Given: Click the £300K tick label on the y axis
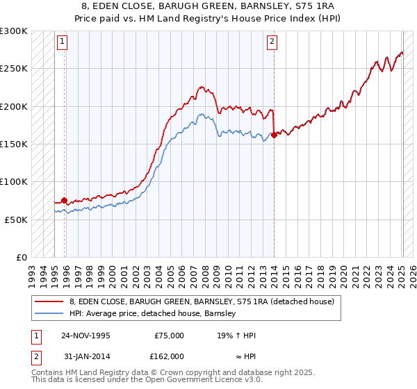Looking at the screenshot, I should pyautogui.click(x=14, y=31).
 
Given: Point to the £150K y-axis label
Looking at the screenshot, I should pyautogui.click(x=14, y=144).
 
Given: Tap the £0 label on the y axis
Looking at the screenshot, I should pyautogui.click(x=21, y=257).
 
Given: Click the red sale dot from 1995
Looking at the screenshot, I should pyautogui.click(x=65, y=201).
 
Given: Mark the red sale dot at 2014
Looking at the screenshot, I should pyautogui.click(x=275, y=135).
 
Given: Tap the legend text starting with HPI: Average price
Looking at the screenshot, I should pyautogui.click(x=153, y=313).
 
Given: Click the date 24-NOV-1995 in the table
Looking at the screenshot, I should pyautogui.click(x=85, y=336).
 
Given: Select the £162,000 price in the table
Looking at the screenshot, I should pyautogui.click(x=169, y=356).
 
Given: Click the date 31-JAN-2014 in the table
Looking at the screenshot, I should pyautogui.click(x=85, y=356).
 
